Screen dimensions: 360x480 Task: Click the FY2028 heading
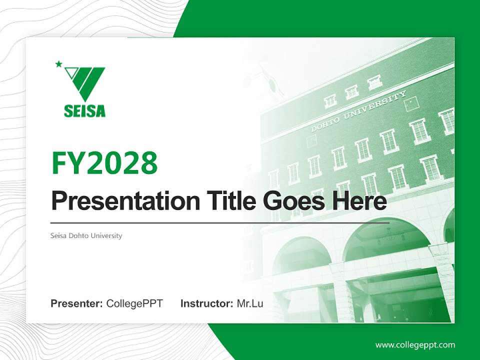pyautogui.click(x=104, y=163)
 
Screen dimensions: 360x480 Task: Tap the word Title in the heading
pyautogui.click(x=230, y=201)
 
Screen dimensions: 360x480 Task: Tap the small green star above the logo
pyautogui.click(x=58, y=63)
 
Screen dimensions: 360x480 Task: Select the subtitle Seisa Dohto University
pyautogui.click(x=86, y=235)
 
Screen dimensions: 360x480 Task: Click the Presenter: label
pyautogui.click(x=77, y=303)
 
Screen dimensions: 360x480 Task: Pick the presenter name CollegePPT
pyautogui.click(x=134, y=303)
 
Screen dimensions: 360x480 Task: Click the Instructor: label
pyautogui.click(x=206, y=303)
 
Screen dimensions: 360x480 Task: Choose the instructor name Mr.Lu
pyautogui.click(x=250, y=303)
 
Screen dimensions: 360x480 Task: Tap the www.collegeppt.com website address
pyautogui.click(x=415, y=344)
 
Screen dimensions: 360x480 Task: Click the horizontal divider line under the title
pyautogui.click(x=220, y=223)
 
